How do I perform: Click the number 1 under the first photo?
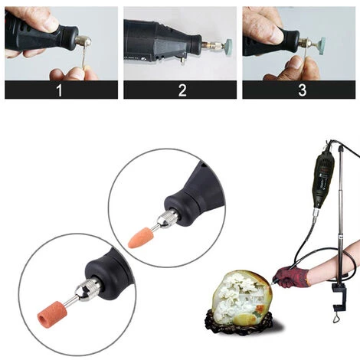[x=61, y=90]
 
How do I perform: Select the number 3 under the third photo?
[x=302, y=90]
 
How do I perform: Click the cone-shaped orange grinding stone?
[x=140, y=236]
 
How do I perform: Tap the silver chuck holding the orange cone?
[x=162, y=223]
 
